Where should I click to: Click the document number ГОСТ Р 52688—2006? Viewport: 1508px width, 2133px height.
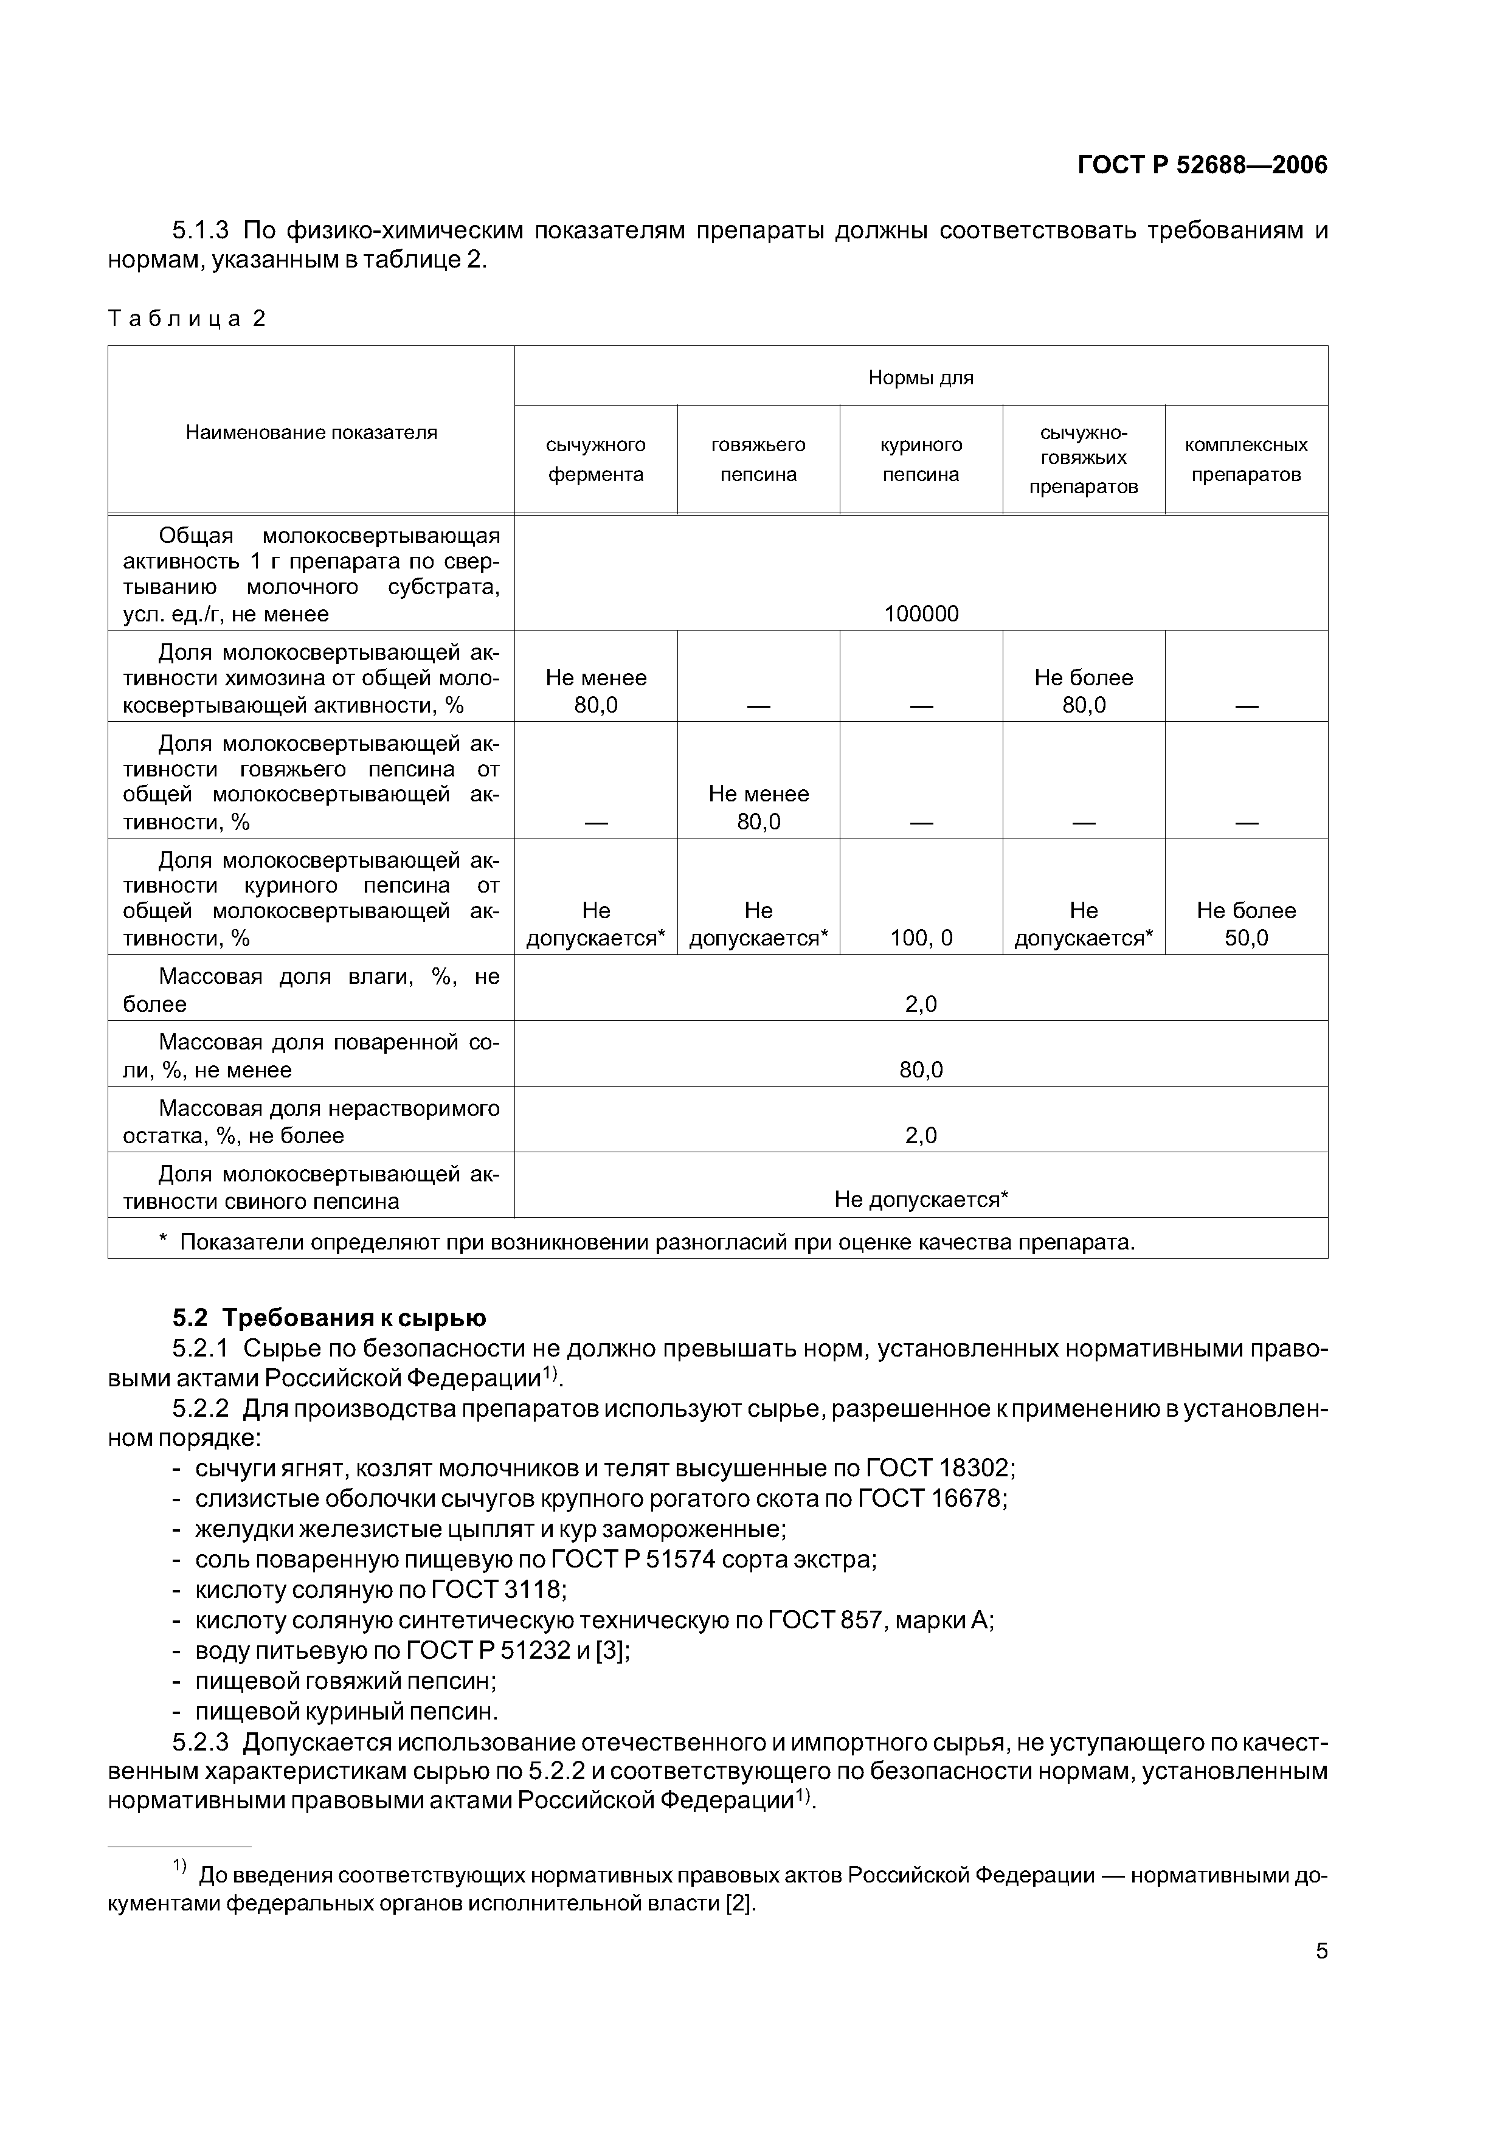1202,165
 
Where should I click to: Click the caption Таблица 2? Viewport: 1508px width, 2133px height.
187,319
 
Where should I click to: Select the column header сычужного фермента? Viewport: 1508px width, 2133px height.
595,459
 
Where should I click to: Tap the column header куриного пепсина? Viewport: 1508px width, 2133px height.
920,459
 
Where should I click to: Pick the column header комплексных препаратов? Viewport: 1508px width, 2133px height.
1245,459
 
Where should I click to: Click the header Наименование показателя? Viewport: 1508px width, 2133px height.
311,432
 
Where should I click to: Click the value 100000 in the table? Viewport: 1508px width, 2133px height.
920,613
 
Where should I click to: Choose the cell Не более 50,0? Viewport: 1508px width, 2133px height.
1245,924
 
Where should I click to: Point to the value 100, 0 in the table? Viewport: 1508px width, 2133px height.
920,938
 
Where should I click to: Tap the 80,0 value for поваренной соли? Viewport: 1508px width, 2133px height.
920,1070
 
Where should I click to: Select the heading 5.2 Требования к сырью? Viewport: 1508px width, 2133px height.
329,1318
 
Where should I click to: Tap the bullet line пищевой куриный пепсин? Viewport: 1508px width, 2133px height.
345,1711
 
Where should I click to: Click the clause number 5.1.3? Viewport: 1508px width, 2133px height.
201,229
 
